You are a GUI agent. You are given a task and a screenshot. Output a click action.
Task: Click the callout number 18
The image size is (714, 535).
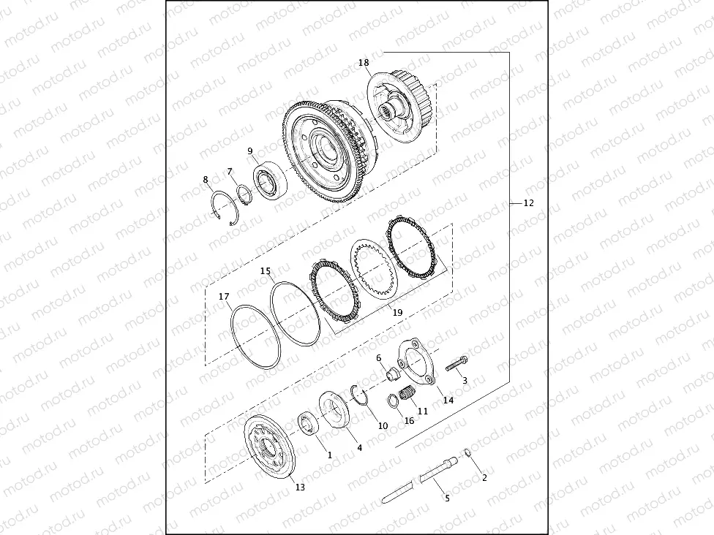(364, 64)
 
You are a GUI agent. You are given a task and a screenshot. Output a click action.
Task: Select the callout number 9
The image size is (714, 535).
(250, 151)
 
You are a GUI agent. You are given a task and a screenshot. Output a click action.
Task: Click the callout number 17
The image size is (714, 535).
(225, 297)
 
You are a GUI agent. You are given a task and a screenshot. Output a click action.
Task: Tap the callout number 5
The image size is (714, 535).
(448, 498)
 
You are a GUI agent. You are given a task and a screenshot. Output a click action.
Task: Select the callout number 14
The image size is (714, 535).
(448, 400)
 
